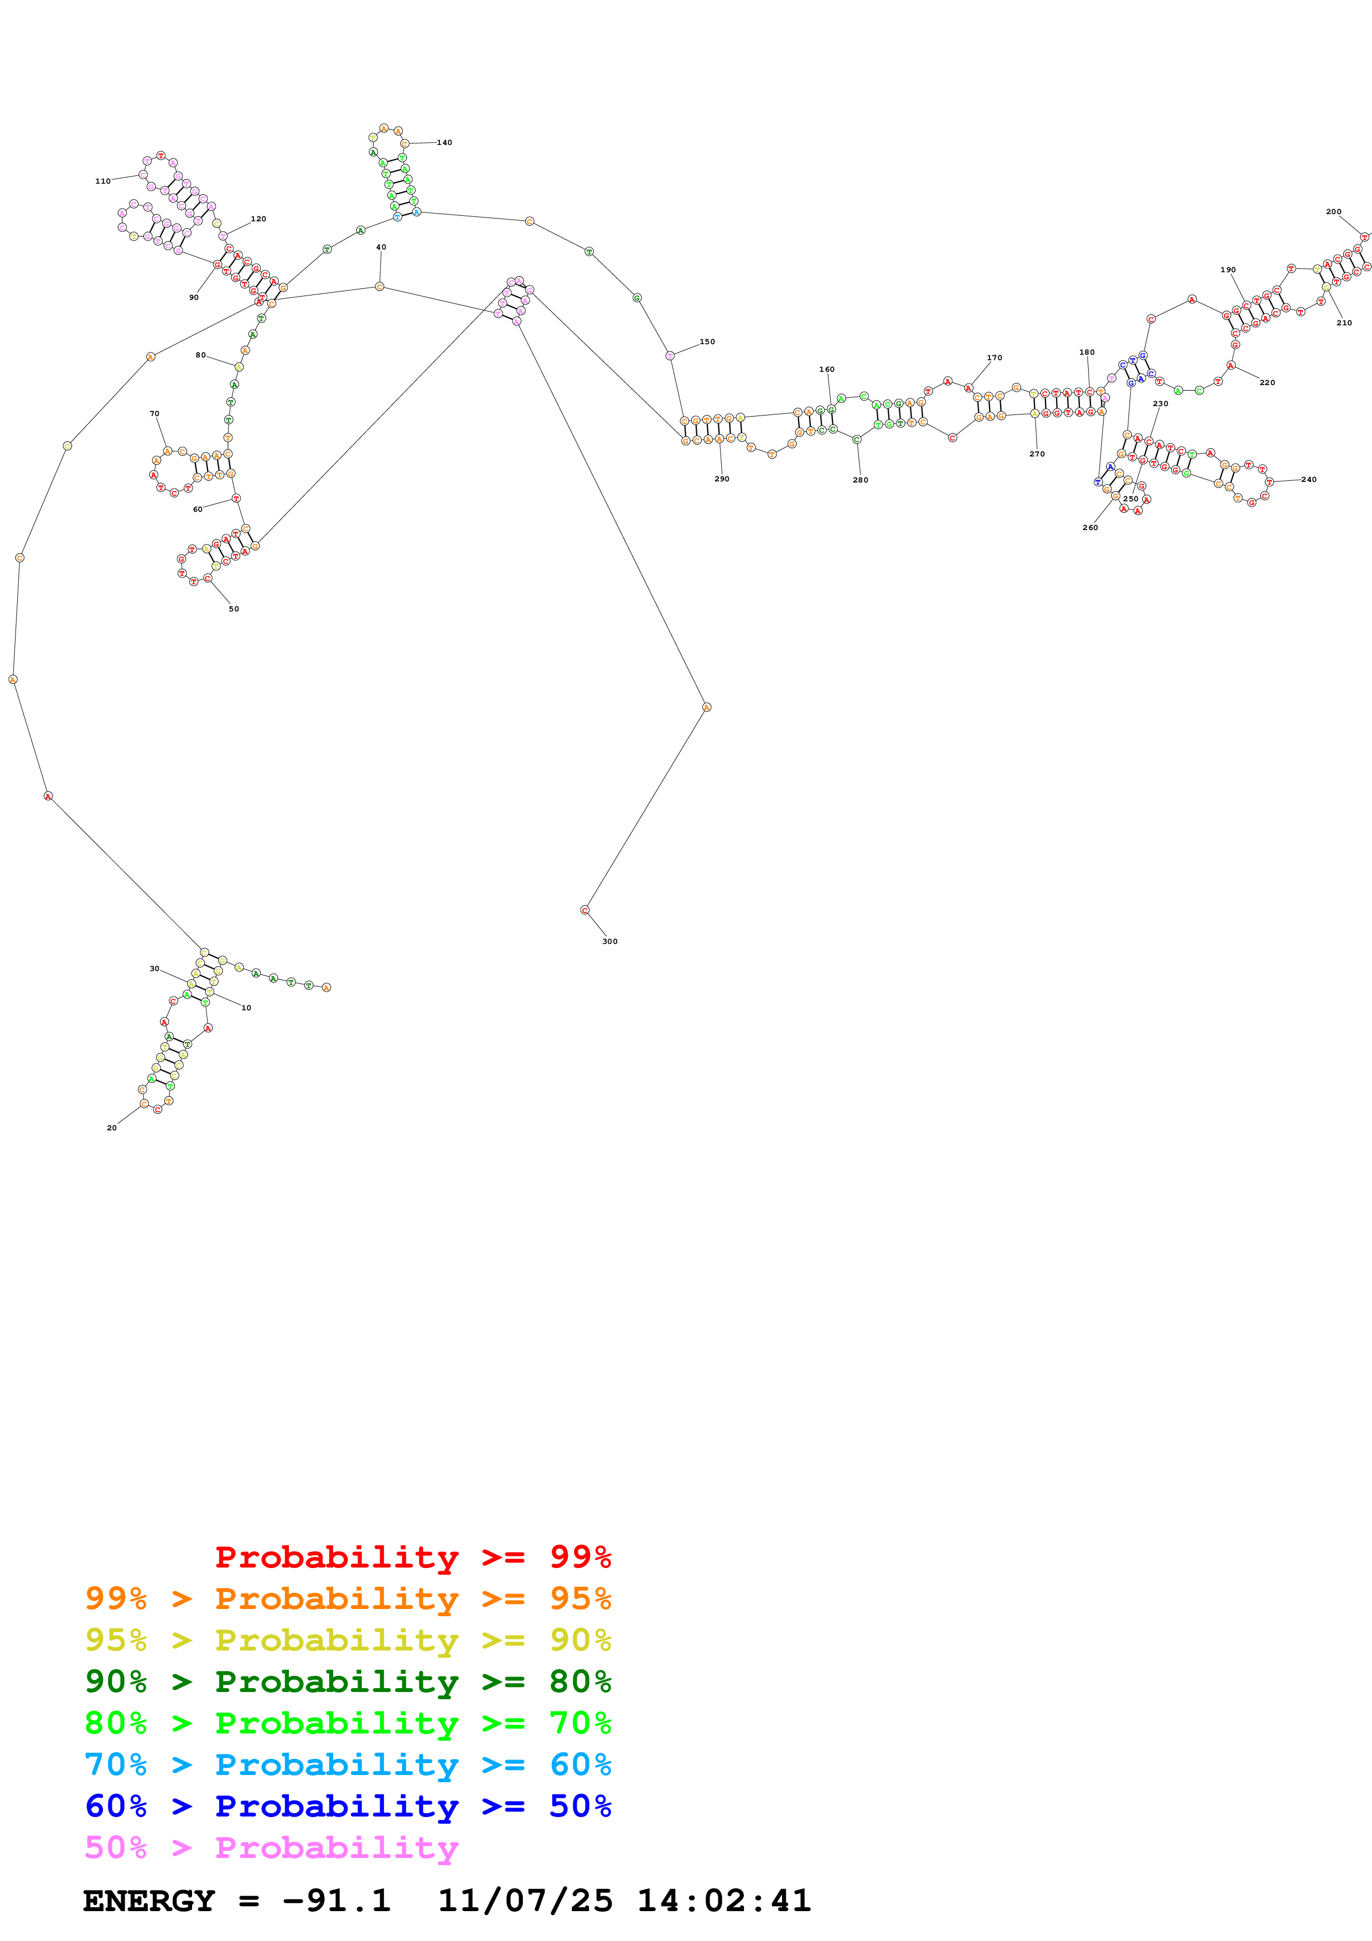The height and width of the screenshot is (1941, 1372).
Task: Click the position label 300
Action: click(x=609, y=941)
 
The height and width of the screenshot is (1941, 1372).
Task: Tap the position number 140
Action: click(x=444, y=142)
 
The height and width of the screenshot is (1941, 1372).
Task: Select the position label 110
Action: click(x=102, y=181)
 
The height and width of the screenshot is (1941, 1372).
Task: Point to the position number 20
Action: click(x=112, y=1128)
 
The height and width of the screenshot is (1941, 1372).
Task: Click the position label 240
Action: click(x=1308, y=479)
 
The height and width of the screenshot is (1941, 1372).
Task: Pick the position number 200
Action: click(x=1333, y=211)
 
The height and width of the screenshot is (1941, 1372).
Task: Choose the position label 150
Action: click(x=707, y=341)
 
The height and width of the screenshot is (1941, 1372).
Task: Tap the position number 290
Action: click(x=721, y=479)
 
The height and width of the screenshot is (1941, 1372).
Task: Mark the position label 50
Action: click(x=234, y=609)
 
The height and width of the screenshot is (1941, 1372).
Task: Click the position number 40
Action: click(x=380, y=247)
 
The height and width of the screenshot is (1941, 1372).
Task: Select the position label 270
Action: click(x=1037, y=454)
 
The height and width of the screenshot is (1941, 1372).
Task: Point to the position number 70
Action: click(x=154, y=413)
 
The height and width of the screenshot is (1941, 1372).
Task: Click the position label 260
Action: click(x=1090, y=527)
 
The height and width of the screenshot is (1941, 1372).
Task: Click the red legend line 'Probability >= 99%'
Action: click(x=412, y=1556)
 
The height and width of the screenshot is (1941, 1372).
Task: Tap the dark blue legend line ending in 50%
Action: click(x=348, y=1806)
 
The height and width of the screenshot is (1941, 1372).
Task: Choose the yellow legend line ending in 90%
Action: click(x=348, y=1640)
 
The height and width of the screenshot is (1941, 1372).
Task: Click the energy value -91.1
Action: click(x=336, y=1901)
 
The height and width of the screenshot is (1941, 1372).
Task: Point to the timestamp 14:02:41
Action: click(x=723, y=1901)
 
